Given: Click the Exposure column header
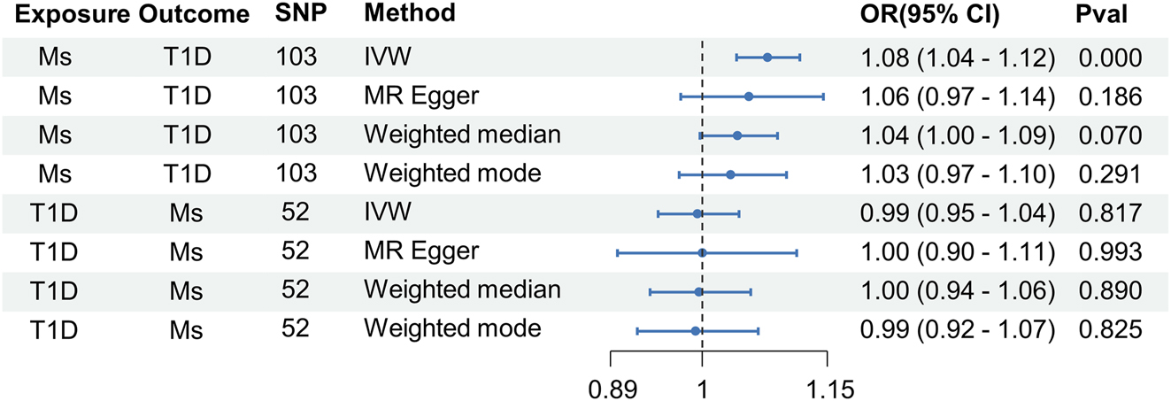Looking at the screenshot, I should click(66, 14).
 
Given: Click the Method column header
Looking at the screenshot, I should click(410, 14).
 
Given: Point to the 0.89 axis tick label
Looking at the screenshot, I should click(612, 388).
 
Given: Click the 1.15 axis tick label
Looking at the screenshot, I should click(827, 388).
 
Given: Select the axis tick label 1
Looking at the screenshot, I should click(702, 388).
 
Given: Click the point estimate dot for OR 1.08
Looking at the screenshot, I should click(767, 57).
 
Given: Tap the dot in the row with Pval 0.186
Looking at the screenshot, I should click(749, 96).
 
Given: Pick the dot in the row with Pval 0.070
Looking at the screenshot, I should click(737, 135).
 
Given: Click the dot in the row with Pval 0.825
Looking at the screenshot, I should click(696, 331).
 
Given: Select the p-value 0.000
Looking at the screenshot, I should click(1110, 58).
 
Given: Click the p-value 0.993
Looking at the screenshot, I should click(1110, 252).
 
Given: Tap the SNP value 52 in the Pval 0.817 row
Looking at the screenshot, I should click(296, 213).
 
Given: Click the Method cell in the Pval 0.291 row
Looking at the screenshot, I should click(452, 174).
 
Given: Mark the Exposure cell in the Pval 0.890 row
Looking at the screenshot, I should click(52, 291).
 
